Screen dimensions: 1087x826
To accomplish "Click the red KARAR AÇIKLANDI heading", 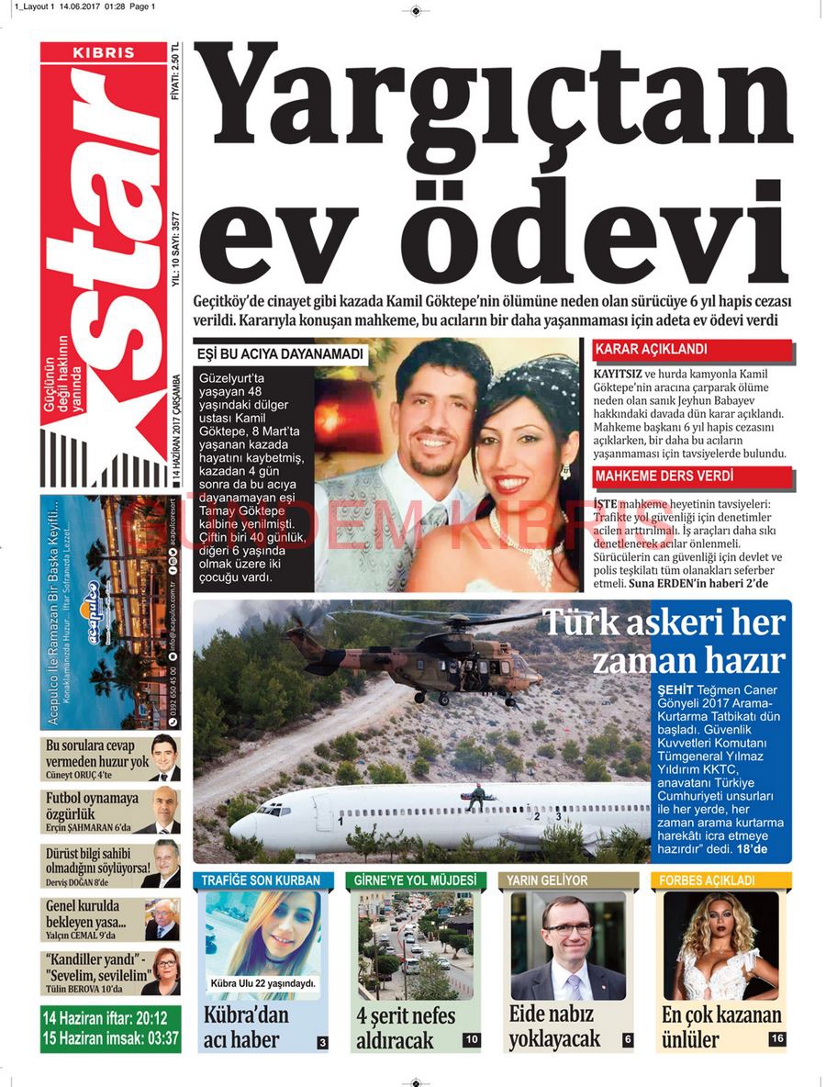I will coord(653,350).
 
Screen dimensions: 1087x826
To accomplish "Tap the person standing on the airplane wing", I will coord(475,795).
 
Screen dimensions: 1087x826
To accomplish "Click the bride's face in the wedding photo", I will coord(518,450).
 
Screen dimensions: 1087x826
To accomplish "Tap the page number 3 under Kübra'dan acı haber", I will coord(322,1042).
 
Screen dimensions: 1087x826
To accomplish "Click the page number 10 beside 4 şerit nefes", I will coord(472,1040).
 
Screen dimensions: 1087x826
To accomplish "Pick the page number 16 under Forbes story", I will coord(777,1039).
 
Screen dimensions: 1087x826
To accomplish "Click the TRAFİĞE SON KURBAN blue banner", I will coord(262,880).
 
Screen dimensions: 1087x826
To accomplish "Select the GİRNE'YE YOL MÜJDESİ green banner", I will coord(417,880).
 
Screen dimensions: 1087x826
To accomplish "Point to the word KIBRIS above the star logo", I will coord(104,52).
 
